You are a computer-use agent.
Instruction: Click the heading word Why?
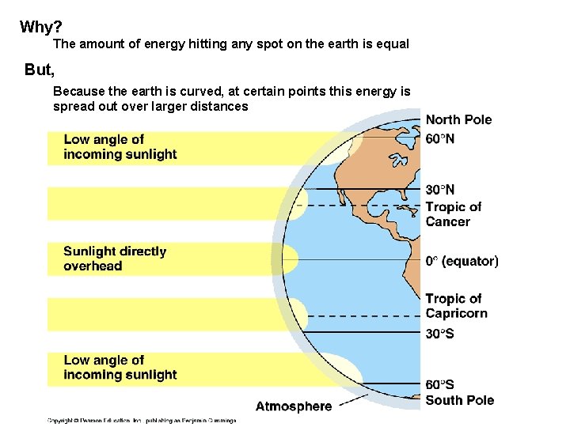pos(36,28)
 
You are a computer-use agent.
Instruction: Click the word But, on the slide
pos(40,70)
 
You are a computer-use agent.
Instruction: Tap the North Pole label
pos(458,120)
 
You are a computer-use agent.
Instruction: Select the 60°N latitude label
pos(440,138)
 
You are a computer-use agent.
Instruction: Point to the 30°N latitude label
pos(440,190)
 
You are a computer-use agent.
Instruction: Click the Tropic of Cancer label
pos(453,214)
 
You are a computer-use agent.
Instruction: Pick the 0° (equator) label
pos(462,261)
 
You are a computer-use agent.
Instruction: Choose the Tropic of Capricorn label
pos(456,306)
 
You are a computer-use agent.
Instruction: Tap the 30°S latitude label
pos(440,334)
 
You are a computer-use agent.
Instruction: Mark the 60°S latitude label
pos(440,385)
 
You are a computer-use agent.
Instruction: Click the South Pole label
pos(459,400)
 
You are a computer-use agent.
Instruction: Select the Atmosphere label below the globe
pos(294,406)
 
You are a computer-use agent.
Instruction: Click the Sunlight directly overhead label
pos(115,259)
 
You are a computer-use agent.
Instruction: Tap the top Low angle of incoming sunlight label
pos(120,147)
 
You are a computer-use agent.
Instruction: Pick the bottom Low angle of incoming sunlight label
pos(120,368)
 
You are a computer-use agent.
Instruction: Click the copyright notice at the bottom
pos(142,420)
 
